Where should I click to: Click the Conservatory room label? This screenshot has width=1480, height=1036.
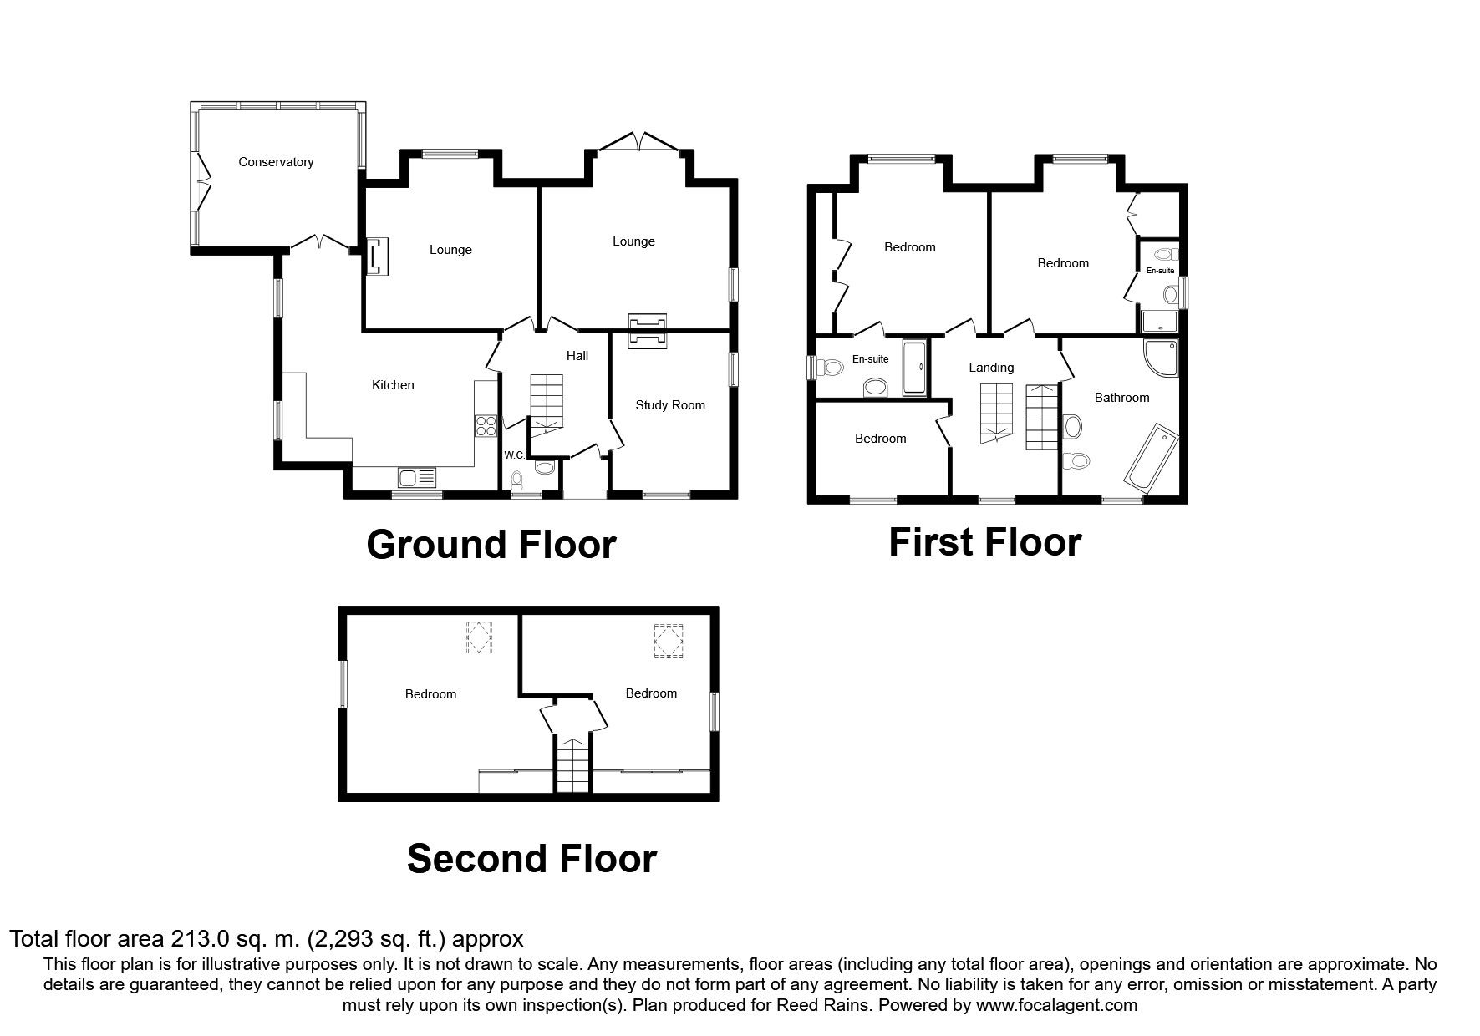[276, 162]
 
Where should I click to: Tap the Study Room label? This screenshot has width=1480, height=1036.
[670, 405]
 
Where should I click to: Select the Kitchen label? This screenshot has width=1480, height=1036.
[393, 385]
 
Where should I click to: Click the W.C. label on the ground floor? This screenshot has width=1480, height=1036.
[514, 455]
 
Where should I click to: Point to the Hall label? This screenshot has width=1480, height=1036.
[577, 356]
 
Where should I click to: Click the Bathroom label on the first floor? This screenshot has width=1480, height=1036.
[1121, 398]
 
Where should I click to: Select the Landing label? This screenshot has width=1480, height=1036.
[991, 368]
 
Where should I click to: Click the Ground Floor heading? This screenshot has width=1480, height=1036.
[491, 545]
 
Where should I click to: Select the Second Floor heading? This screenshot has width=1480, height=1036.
[531, 859]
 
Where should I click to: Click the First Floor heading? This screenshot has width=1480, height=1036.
[984, 542]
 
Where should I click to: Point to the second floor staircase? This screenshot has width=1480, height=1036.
[572, 764]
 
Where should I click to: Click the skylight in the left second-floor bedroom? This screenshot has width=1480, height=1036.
[479, 638]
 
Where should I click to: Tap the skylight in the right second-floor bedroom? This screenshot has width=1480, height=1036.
[669, 641]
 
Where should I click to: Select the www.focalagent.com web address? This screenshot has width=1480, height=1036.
[1055, 1005]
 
